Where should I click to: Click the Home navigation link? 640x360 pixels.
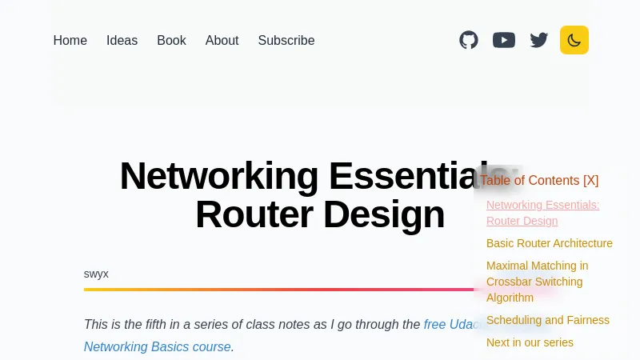(70, 40)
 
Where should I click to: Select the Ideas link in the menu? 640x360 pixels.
(122, 40)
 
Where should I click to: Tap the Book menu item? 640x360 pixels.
(171, 40)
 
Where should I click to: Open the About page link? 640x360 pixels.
(222, 40)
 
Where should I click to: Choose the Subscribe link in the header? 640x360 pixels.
(286, 40)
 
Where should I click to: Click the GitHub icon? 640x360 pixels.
(469, 40)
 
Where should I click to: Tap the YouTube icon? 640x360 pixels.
(504, 40)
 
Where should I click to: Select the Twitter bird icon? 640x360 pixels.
(539, 40)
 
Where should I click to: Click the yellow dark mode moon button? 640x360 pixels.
(574, 40)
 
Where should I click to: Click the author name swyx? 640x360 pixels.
(96, 274)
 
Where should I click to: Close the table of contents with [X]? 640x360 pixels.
(590, 181)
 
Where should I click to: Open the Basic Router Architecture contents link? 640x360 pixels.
(549, 243)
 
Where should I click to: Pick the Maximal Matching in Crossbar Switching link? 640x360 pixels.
(537, 282)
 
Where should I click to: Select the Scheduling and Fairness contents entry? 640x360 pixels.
(547, 320)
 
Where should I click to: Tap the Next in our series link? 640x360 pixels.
(530, 342)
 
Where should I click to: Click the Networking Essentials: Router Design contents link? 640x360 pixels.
(542, 213)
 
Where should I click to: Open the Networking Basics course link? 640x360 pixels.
(157, 346)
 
